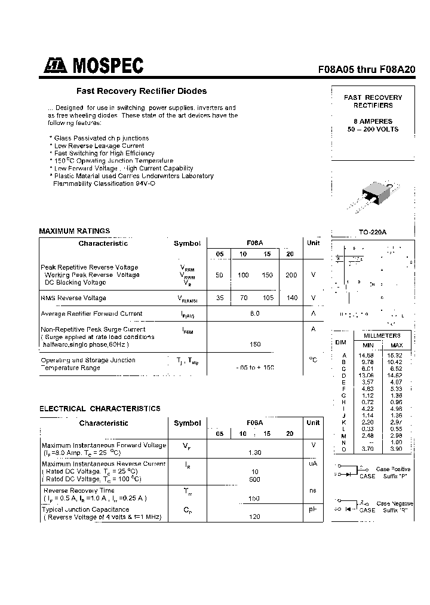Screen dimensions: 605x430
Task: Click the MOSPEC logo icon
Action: point(56,66)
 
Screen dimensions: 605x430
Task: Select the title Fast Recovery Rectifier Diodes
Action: point(141,91)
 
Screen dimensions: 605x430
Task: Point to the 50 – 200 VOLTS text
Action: point(373,129)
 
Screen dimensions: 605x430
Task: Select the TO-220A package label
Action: point(373,232)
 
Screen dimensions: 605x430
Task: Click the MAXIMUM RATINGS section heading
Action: point(75,231)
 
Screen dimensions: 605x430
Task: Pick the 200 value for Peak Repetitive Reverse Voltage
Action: point(291,275)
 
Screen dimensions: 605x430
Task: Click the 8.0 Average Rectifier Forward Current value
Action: point(255,313)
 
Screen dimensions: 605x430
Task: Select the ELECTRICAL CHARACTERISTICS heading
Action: point(100,409)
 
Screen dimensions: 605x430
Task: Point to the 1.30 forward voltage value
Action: point(255,453)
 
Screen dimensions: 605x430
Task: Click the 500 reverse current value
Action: point(255,479)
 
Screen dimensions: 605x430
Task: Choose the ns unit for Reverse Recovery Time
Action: point(313,490)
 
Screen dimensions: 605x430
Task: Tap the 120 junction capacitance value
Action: point(255,517)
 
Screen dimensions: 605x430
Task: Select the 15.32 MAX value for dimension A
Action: point(397,355)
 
